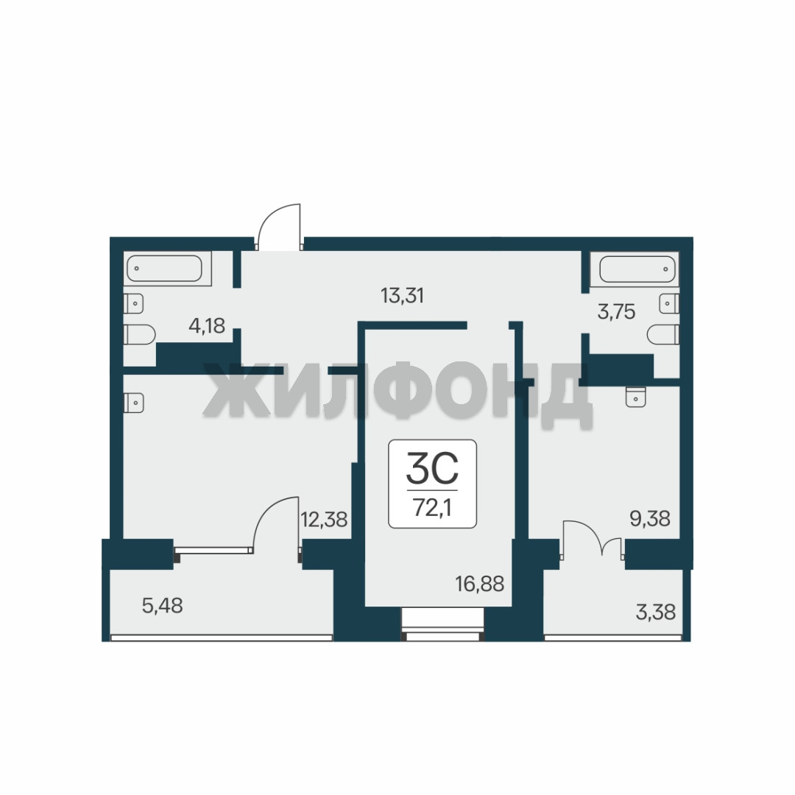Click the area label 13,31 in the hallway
pyautogui.click(x=402, y=295)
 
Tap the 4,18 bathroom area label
pyautogui.click(x=207, y=325)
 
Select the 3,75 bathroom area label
pyautogui.click(x=616, y=311)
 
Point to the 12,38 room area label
pyautogui.click(x=324, y=519)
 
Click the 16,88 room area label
pyautogui.click(x=480, y=584)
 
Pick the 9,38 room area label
pyautogui.click(x=650, y=518)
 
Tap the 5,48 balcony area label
pyautogui.click(x=162, y=605)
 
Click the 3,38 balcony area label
pyautogui.click(x=656, y=612)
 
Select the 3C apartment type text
pyautogui.click(x=432, y=468)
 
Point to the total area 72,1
pyautogui.click(x=432, y=507)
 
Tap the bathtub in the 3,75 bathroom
pyautogui.click(x=637, y=268)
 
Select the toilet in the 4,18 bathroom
pyautogui.click(x=139, y=335)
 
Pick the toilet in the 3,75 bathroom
pyautogui.click(x=663, y=335)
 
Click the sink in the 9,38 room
pyautogui.click(x=636, y=397)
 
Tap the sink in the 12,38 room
pyautogui.click(x=134, y=403)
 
